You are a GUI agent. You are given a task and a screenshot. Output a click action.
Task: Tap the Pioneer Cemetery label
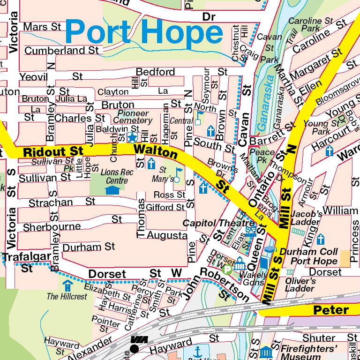pyautogui.click(x=133, y=117)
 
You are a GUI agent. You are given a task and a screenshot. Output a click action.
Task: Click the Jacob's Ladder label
pyautogui.click(x=306, y=217)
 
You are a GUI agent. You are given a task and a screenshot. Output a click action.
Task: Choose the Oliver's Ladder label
pyautogui.click(x=300, y=285)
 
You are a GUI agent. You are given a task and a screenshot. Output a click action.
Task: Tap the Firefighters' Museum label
pyautogui.click(x=309, y=353)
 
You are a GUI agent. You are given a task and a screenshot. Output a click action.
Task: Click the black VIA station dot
pyautogui.click(x=135, y=348)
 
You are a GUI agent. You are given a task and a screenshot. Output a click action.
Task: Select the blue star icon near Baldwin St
pyautogui.click(x=132, y=137)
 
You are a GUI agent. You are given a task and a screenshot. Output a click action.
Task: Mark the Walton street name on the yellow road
pyautogui.click(x=156, y=151)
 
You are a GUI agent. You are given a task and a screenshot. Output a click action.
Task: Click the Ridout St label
pyautogui.click(x=53, y=152)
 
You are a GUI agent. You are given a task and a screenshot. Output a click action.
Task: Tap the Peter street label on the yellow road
pyautogui.click(x=331, y=310)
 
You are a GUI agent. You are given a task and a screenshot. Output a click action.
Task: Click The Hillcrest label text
pyautogui.click(x=67, y=296)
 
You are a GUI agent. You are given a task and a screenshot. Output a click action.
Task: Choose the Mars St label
pyautogui.click(x=42, y=26)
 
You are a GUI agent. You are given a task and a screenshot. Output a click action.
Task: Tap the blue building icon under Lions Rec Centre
pyautogui.click(x=112, y=190)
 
